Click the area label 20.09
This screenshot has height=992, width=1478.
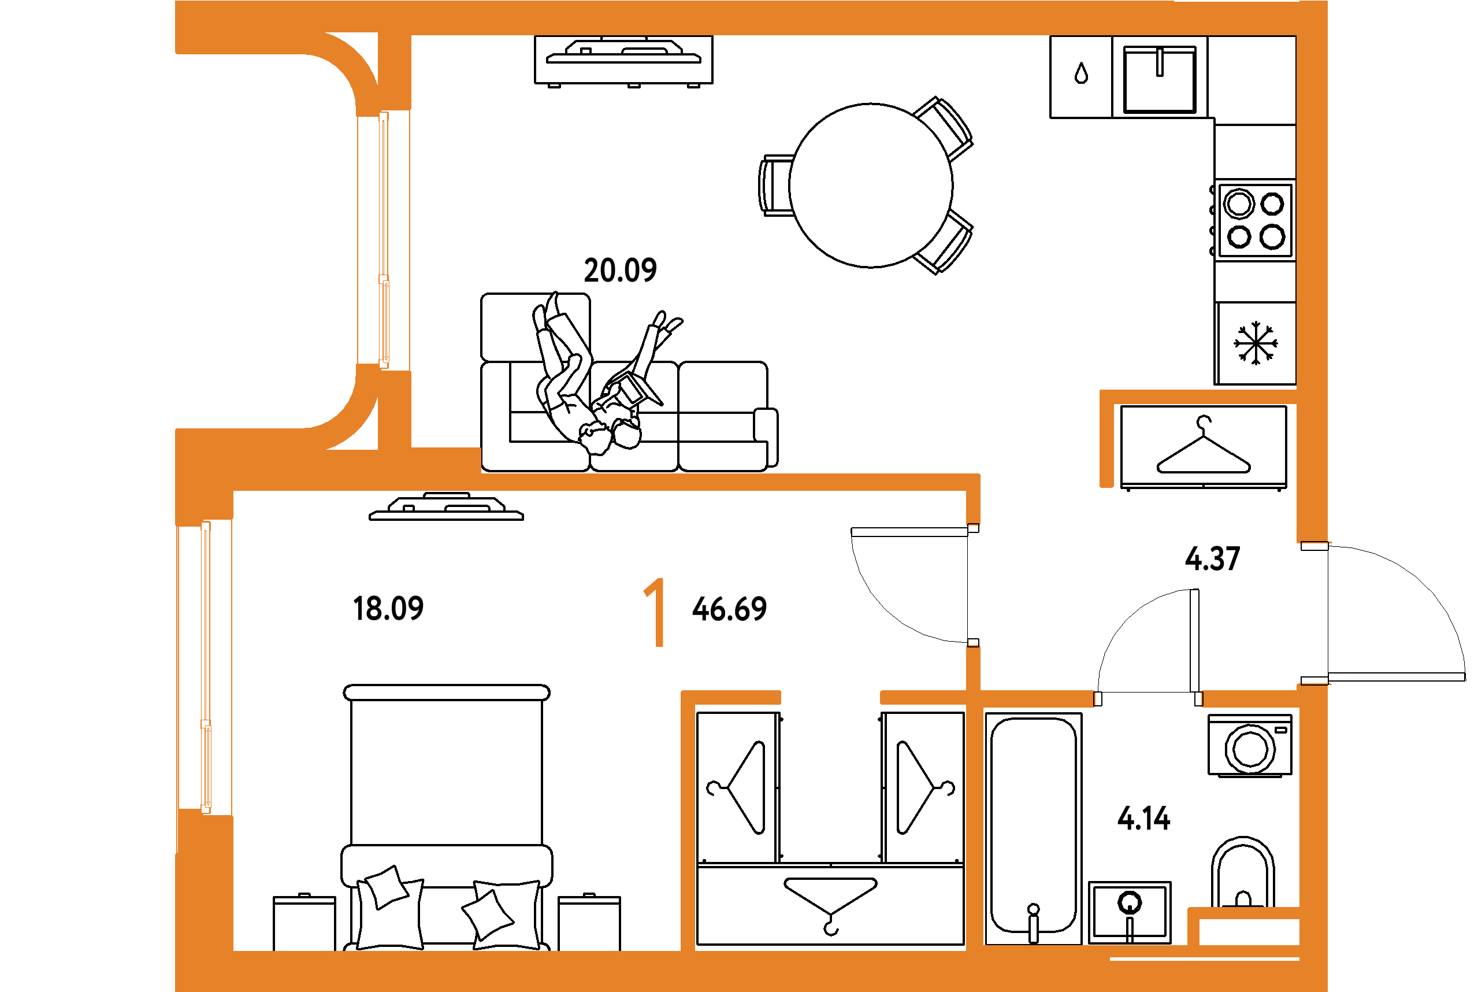pos(619,270)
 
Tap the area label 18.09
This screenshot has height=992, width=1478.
pos(388,609)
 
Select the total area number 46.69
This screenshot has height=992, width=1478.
pos(730,609)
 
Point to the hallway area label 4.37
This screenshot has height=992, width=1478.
pos(1212,559)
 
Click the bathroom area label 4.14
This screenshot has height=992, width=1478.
pos(1144,819)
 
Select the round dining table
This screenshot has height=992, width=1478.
pos(871,186)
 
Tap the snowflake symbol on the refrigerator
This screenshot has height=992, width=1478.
pos(1256,343)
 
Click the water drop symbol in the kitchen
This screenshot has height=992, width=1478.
pos(1082,73)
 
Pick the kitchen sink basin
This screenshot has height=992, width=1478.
pos(1160,80)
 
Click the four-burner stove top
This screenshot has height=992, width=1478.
pos(1256,220)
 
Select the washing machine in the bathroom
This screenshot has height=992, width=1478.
pos(1250,746)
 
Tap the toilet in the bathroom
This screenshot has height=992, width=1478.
pos(1243,873)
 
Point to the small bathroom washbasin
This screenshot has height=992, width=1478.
pos(1130,912)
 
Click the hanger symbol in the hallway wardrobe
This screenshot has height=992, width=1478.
pos(1204,447)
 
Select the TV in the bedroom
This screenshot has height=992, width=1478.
pos(446,507)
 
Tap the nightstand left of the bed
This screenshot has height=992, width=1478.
pos(304,923)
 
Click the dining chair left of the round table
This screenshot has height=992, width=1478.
pos(775,186)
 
